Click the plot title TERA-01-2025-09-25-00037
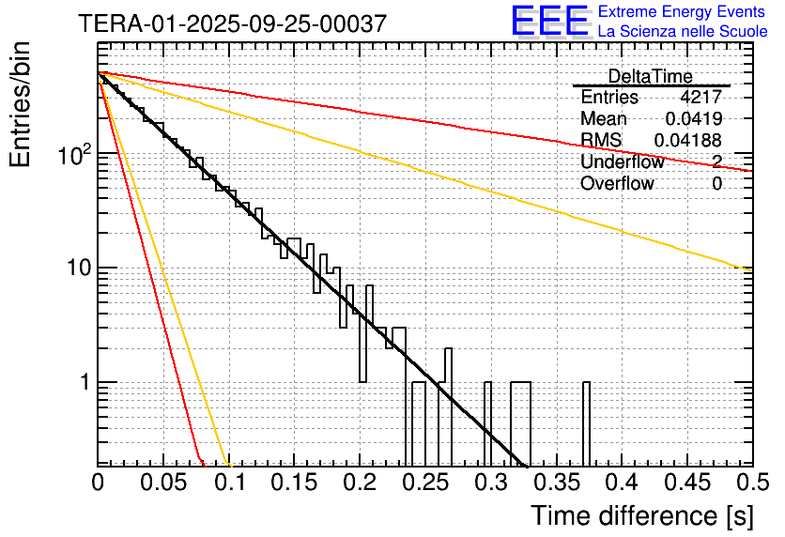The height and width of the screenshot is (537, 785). [232, 23]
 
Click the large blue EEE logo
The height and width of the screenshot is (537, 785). [549, 22]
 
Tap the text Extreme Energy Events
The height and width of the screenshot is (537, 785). [683, 12]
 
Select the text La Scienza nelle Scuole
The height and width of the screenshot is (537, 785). [683, 31]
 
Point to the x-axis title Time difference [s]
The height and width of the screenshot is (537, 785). [638, 515]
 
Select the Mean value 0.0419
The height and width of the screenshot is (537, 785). [694, 119]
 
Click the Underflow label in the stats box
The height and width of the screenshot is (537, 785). [622, 162]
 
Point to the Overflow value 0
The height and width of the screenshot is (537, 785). [716, 184]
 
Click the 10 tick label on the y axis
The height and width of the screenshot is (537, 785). [76, 268]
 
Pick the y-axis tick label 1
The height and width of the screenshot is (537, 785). [83, 383]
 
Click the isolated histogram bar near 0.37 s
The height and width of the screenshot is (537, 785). [587, 422]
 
